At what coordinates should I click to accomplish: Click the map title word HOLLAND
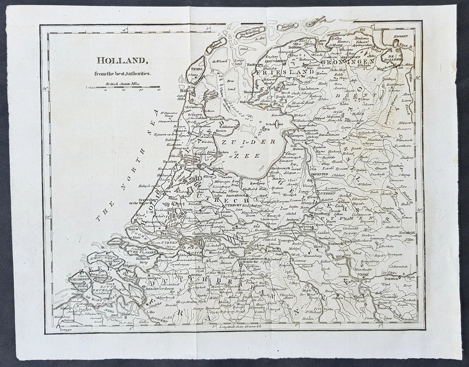[x=122, y=61]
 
